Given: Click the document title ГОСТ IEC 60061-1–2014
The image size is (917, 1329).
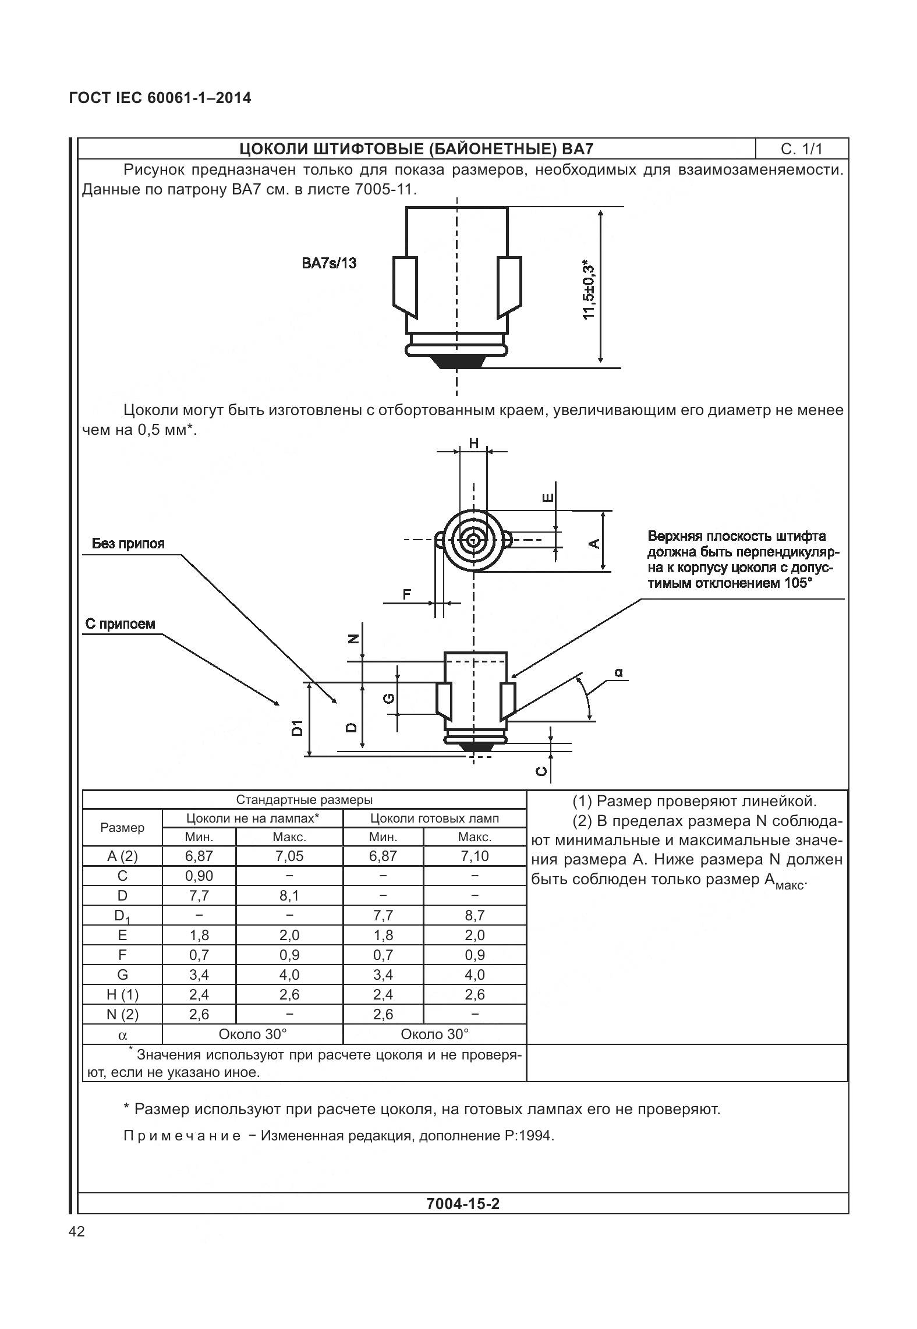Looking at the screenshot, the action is [160, 98].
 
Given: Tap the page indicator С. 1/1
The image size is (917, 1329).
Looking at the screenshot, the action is [802, 149].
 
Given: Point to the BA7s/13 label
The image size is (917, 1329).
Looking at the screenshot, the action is [329, 263].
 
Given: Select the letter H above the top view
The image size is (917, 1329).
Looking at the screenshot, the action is [473, 443].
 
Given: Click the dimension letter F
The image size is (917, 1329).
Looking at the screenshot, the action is [407, 594].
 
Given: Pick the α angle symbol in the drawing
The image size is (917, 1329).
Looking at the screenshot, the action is [618, 672].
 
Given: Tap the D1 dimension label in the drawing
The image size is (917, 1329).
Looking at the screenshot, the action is [298, 727].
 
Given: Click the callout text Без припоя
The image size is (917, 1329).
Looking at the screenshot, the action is [128, 544].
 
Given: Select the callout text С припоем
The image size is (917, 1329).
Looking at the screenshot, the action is [120, 624].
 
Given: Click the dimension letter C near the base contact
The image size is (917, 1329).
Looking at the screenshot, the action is [541, 771].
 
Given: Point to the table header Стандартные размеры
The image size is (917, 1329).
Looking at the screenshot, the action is [304, 799].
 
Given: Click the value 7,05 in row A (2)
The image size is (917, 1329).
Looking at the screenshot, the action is [289, 856].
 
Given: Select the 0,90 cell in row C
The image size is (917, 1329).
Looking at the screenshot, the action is [199, 876].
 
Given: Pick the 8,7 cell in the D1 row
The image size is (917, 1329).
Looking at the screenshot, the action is [475, 915].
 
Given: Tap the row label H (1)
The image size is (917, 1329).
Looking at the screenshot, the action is [122, 994].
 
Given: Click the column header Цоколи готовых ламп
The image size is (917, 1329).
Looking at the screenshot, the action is [434, 818].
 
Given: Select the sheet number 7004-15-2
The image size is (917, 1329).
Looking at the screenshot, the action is [463, 1203].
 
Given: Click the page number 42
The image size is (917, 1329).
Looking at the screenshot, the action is [76, 1231].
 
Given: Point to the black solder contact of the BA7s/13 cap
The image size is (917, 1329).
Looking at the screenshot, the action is [456, 362].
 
